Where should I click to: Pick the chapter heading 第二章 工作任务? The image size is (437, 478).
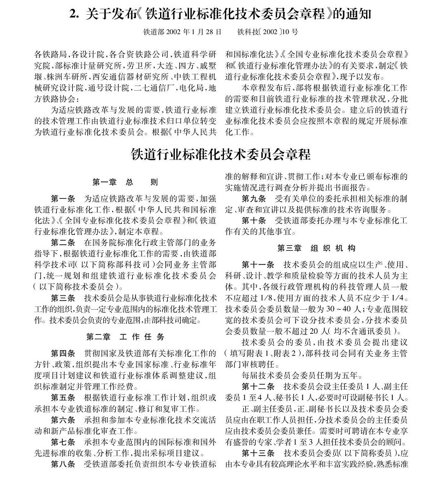[x=125, y=336]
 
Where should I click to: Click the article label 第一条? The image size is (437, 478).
[x=64, y=197]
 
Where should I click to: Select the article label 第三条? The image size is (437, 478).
[x=64, y=298]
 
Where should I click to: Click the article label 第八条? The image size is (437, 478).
[x=64, y=464]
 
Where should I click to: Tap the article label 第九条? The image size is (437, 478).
[x=254, y=198]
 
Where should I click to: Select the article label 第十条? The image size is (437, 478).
[x=254, y=220]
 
